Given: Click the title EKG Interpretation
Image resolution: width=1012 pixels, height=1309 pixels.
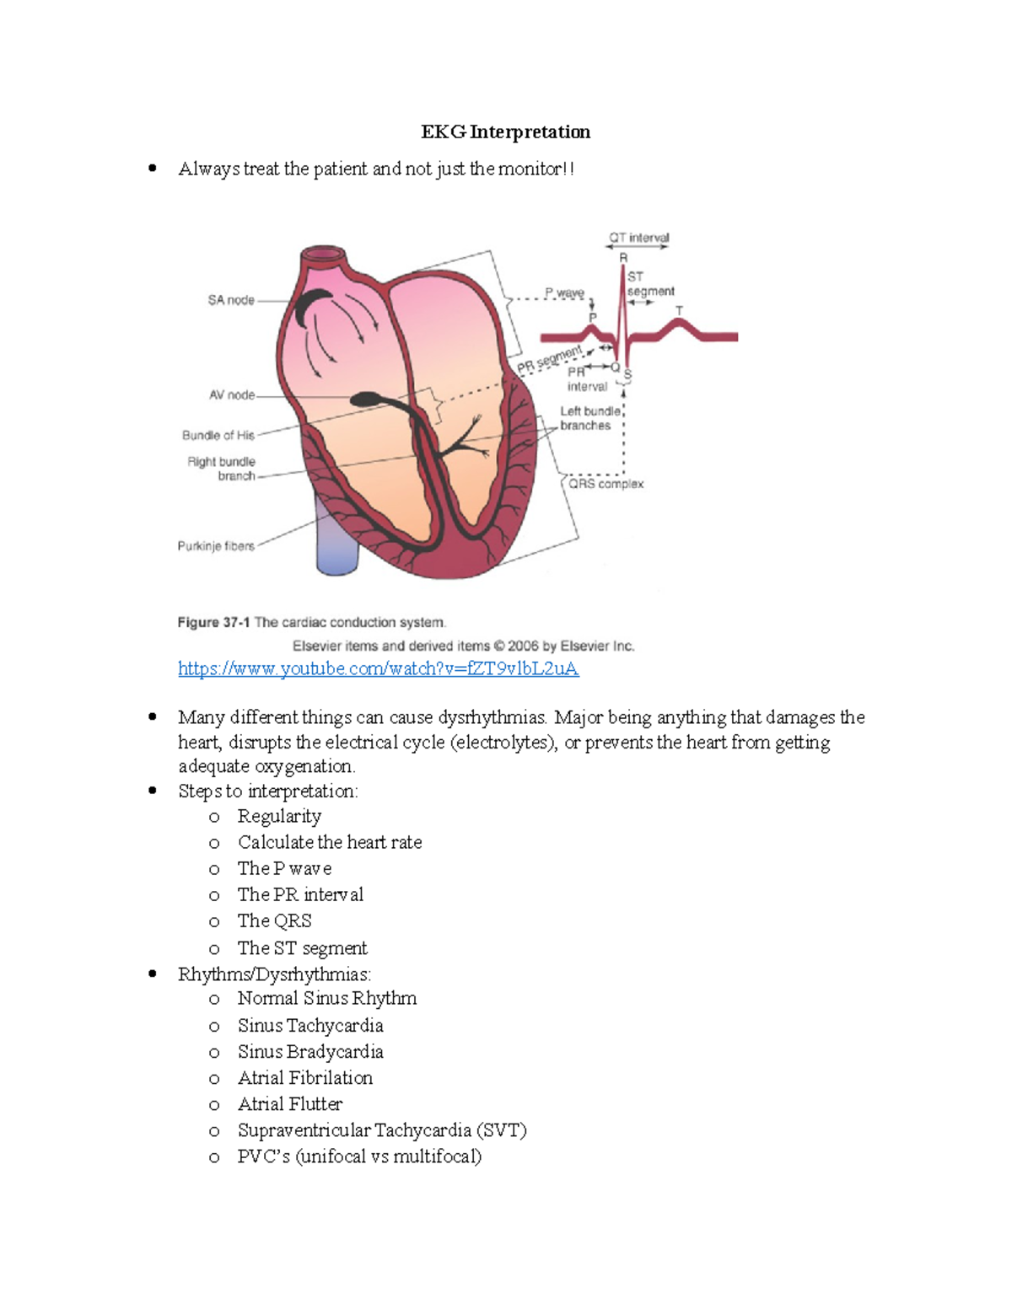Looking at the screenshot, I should (505, 132).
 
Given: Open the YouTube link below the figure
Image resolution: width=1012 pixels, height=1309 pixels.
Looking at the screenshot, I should (378, 669).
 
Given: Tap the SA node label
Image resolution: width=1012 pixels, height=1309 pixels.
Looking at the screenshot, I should (230, 300).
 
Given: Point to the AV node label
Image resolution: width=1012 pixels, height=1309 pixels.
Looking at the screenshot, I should (231, 395).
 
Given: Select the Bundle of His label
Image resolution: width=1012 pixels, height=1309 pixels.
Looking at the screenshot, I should (218, 436).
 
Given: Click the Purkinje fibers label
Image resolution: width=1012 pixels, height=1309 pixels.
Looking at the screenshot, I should (215, 546).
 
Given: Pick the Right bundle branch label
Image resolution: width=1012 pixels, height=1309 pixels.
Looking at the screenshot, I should (221, 469).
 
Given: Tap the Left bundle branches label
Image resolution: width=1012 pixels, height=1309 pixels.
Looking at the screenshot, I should (589, 418).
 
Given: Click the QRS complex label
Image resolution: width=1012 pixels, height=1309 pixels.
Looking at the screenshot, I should (606, 484).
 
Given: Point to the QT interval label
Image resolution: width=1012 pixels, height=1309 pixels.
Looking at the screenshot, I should (638, 238).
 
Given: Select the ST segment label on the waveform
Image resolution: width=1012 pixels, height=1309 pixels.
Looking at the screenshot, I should (649, 284).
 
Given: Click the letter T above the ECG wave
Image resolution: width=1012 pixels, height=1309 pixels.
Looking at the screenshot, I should (679, 311).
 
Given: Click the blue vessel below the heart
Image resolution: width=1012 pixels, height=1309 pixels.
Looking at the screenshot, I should (336, 539).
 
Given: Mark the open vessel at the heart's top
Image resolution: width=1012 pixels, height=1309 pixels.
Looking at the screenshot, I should (323, 254).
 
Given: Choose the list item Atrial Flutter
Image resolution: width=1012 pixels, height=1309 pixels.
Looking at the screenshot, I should (290, 1104).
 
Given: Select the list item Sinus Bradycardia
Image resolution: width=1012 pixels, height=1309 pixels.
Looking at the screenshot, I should (310, 1052).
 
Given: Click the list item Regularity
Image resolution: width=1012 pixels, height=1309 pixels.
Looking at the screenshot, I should (279, 817).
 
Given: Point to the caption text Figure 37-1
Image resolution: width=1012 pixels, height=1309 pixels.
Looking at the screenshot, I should (213, 623).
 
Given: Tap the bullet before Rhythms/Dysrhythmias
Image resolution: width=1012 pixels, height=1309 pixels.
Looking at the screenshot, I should (153, 974).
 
